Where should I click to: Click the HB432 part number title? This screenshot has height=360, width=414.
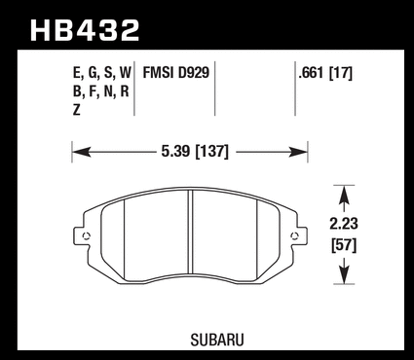(85, 30)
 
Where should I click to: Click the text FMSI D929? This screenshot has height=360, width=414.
(176, 73)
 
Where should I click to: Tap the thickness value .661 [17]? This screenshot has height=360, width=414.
(325, 73)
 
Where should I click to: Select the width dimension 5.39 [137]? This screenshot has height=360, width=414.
(195, 151)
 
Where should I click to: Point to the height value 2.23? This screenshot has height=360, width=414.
(344, 224)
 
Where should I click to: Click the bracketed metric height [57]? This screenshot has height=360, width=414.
(344, 245)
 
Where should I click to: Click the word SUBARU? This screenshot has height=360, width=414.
(217, 340)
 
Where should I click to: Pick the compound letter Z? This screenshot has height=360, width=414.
(77, 110)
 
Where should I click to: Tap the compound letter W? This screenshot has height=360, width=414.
(125, 73)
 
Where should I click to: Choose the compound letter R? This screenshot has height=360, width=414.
(125, 91)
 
